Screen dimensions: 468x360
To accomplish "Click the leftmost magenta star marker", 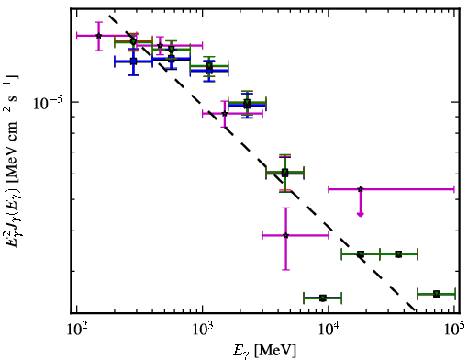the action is coord(98,36).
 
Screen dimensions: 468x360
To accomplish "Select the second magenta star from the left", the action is coord(160,46).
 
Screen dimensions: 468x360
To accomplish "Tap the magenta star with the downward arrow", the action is coord(361,189).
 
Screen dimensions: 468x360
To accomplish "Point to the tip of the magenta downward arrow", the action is coord(361,217).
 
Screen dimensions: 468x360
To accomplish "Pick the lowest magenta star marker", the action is coord(286,235).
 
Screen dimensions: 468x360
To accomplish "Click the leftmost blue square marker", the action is coord(133,62).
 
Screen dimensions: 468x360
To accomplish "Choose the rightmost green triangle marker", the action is coord(437,294).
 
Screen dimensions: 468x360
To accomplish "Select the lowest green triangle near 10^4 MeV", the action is coord(323,298).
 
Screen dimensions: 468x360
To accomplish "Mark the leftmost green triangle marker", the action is coord(133,41).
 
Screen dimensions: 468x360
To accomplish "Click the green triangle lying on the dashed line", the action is coord(361,254).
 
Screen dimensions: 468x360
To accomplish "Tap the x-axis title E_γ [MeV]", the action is coord(264,351).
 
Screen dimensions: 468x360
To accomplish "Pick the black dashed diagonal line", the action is coord(262,163).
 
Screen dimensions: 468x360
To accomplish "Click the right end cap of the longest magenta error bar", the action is coord(454,189).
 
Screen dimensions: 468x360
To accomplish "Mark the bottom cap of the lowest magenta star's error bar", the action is coord(286,270).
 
